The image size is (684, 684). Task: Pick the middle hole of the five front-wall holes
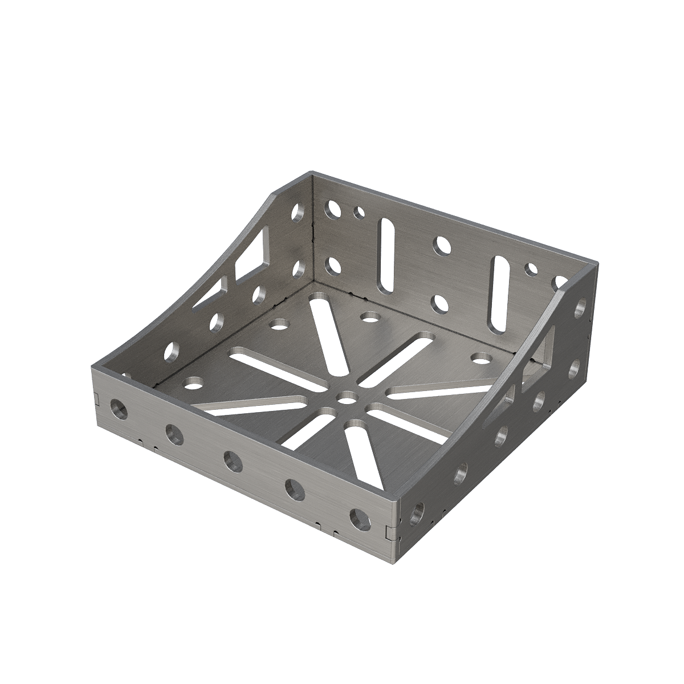233,461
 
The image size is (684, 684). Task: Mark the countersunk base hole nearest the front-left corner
192,382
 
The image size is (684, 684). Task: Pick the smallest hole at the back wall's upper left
359,213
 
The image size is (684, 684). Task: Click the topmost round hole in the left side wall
297,213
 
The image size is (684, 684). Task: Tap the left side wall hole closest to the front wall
171,353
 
